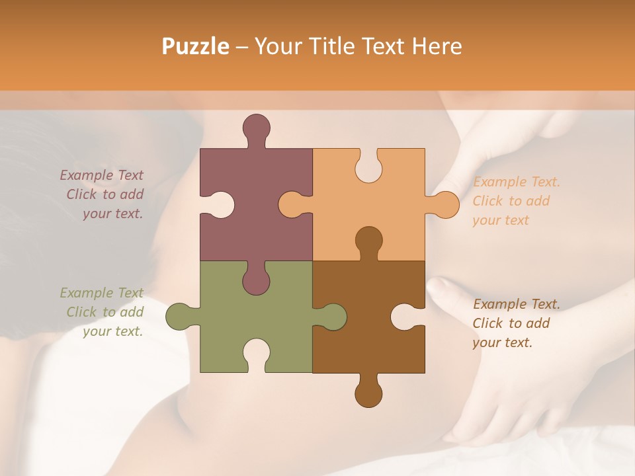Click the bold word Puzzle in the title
[196, 46]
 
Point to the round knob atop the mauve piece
[256, 128]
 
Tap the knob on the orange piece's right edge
[444, 205]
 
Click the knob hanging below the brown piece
[368, 393]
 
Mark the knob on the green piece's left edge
[180, 317]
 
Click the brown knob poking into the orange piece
[368, 240]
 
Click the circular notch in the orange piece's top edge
[368, 167]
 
